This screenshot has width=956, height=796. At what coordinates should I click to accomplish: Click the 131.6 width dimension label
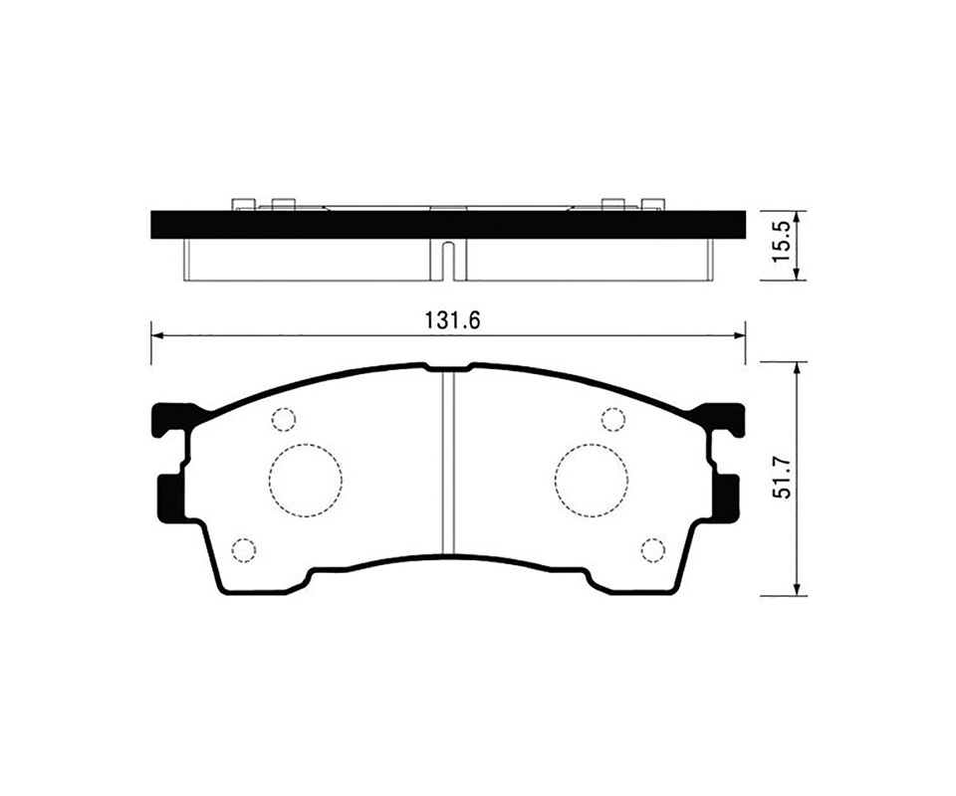coord(452,321)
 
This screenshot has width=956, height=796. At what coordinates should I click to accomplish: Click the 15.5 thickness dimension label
coord(782,243)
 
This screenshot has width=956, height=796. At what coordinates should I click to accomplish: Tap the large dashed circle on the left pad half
coord(306,481)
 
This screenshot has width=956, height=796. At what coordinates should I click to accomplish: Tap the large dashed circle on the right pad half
coord(592,481)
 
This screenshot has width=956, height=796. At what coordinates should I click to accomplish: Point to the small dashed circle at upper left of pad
coord(284,419)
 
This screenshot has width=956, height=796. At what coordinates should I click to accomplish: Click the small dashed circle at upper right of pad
coord(613,419)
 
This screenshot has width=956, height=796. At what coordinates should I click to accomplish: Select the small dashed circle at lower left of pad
coord(244,550)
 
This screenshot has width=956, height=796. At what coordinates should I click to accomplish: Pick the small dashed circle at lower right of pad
coord(653,550)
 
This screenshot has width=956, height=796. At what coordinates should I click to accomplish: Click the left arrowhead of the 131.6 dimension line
coord(156,335)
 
